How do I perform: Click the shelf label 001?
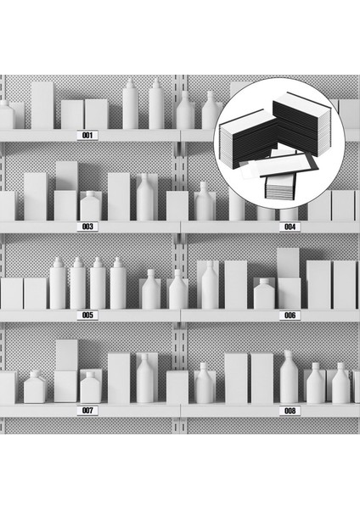pyautogui.click(x=87, y=135)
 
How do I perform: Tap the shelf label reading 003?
pyautogui.click(x=87, y=227)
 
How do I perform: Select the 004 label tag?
pyautogui.click(x=290, y=227)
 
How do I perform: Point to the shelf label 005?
pyautogui.click(x=87, y=315)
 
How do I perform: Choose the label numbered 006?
pyautogui.click(x=290, y=315)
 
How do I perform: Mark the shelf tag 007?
pyautogui.click(x=87, y=411)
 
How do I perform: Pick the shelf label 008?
pyautogui.click(x=290, y=411)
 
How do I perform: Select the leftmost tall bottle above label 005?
pyautogui.click(x=58, y=285)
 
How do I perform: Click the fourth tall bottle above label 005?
pyautogui.click(x=118, y=285)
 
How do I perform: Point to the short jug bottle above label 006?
pyautogui.click(x=264, y=294)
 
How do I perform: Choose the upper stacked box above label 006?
pyautogui.click(x=288, y=262)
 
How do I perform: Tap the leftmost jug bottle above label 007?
pyautogui.click(x=35, y=389)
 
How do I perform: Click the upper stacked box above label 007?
pyautogui.click(x=66, y=354)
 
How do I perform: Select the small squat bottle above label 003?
pyautogui.click(x=90, y=206)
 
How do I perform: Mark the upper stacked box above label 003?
pyautogui.click(x=66, y=176)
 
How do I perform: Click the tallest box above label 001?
pyautogui.click(x=42, y=105)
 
